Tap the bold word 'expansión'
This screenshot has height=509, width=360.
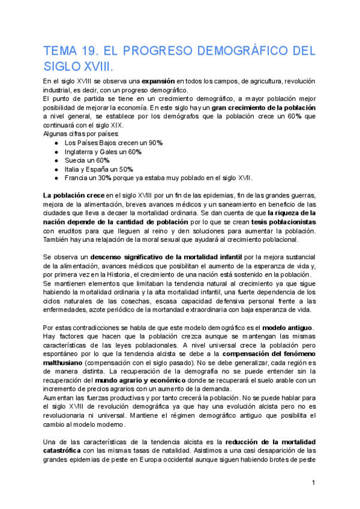158,80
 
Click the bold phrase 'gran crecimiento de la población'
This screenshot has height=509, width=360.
263,107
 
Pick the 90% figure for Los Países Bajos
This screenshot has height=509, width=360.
155,143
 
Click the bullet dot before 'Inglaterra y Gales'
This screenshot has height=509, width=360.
56,152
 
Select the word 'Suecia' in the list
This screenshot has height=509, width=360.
76,160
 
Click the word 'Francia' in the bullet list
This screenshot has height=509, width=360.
77,178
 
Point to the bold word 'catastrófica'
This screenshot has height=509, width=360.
65,451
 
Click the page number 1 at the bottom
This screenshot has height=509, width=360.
313,483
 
